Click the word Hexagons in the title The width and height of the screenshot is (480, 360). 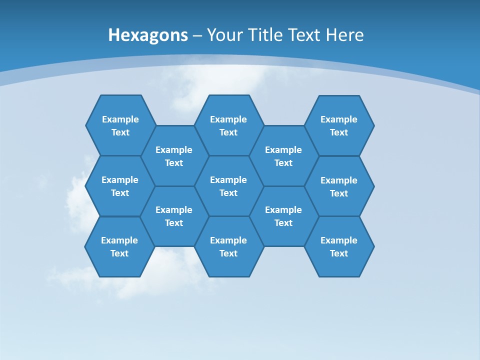[148, 35]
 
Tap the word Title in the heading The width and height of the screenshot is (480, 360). [264, 35]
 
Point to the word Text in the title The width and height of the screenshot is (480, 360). [304, 35]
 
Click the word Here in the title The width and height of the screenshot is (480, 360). [345, 35]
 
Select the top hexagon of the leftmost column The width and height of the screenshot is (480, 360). [120, 125]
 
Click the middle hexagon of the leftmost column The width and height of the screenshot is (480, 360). [120, 186]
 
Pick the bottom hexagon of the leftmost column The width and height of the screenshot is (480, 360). [119, 246]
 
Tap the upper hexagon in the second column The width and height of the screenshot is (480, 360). [174, 156]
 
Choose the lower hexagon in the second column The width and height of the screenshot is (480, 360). [174, 216]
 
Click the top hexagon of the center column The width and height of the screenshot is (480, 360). [228, 125]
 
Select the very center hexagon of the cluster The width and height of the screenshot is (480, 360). [228, 186]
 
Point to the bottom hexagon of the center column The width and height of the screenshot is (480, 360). [228, 246]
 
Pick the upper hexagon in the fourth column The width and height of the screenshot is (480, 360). [283, 156]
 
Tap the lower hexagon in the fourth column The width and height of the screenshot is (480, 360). [283, 216]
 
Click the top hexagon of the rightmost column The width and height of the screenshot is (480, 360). [339, 125]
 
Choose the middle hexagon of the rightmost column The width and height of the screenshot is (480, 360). [339, 186]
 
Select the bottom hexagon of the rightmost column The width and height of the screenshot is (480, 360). [339, 246]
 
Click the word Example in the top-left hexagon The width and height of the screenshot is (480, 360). [120, 119]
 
